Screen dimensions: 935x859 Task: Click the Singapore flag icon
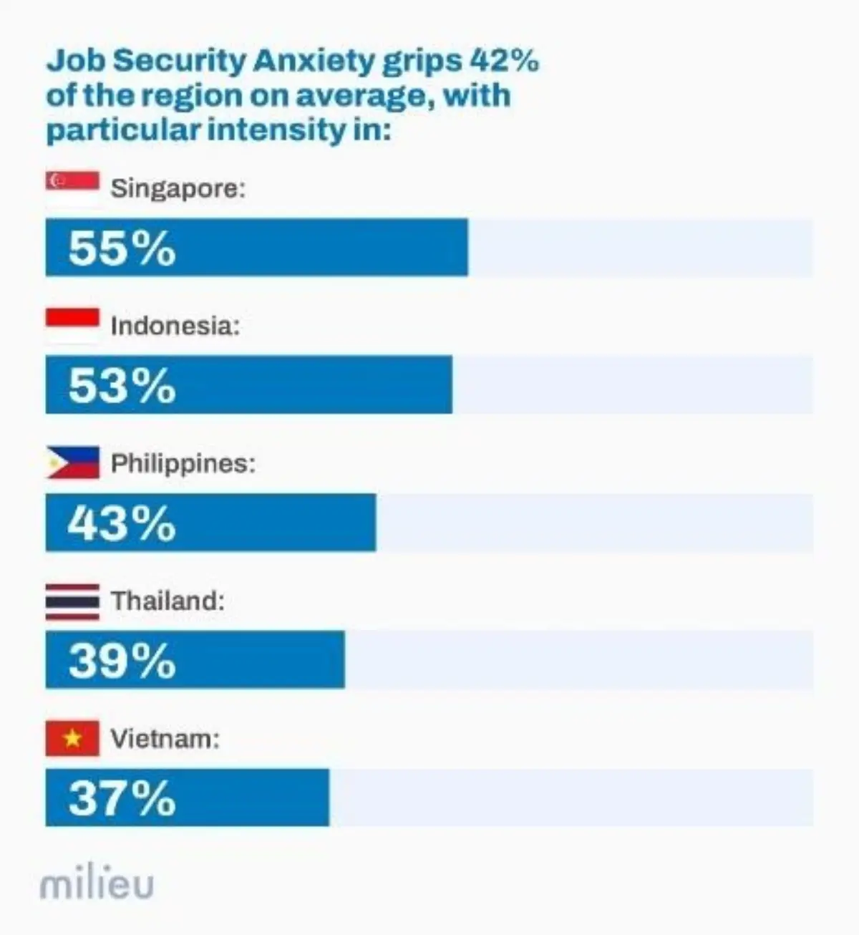pos(72,188)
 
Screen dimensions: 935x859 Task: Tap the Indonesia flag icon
pos(72,326)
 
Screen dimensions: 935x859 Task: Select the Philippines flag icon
pos(72,463)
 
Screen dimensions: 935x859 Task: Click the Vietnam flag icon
pos(72,738)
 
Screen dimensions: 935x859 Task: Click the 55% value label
pos(122,248)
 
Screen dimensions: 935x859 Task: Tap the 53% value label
pos(122,386)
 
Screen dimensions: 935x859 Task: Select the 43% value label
pos(122,523)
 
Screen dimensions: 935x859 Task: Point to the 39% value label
pos(122,661)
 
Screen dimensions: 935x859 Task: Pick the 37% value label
pos(122,798)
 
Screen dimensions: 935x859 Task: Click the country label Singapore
pos(178,189)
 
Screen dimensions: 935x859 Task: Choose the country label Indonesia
pos(175,326)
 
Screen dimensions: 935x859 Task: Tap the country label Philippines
pos(183,464)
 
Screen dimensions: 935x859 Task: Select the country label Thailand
pos(168,601)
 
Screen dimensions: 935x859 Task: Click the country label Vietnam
pos(165,738)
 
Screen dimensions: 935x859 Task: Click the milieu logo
pos(97,885)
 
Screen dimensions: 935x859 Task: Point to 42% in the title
pos(503,62)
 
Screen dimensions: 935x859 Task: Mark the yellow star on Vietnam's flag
pos(72,738)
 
